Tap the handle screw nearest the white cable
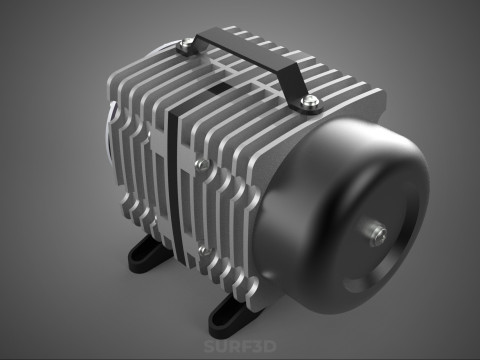tap(186, 43)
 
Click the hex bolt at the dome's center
tap(380, 232)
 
